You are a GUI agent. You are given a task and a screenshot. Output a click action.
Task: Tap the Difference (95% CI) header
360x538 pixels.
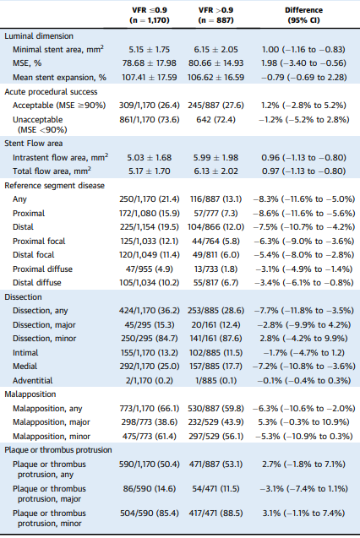click(303, 15)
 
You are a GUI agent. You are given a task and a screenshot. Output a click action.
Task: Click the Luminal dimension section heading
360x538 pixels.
click(39, 36)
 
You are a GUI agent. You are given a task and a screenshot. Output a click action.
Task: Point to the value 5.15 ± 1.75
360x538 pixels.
click(150, 49)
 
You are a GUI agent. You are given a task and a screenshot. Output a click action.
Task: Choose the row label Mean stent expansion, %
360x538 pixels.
click(59, 77)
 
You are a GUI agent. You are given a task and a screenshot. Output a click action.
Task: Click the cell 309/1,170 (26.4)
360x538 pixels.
click(150, 106)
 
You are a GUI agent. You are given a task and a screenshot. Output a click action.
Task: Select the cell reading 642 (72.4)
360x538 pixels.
click(215, 120)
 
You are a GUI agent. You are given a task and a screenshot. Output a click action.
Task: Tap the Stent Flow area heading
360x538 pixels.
click(34, 144)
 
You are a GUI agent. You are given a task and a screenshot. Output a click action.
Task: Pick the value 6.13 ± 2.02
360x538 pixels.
click(215, 171)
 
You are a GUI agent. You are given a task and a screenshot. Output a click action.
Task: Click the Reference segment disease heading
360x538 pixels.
click(55, 186)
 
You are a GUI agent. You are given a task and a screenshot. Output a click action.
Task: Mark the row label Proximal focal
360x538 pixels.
click(39, 242)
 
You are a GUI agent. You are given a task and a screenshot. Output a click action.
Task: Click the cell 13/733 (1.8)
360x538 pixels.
click(215, 269)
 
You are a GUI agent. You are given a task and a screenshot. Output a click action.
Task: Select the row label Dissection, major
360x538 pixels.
click(44, 325)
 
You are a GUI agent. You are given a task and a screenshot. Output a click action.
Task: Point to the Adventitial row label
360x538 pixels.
click(33, 381)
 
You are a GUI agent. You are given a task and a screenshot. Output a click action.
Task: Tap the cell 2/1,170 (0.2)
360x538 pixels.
click(150, 381)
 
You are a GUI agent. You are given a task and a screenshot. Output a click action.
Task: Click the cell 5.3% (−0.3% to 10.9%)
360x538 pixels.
click(303, 422)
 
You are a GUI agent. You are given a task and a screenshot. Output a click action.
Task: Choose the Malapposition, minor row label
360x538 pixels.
click(52, 437)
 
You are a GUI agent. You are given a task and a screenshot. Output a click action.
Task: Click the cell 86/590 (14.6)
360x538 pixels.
click(150, 488)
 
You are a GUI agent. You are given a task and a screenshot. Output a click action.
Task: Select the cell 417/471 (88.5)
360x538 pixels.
click(215, 514)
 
